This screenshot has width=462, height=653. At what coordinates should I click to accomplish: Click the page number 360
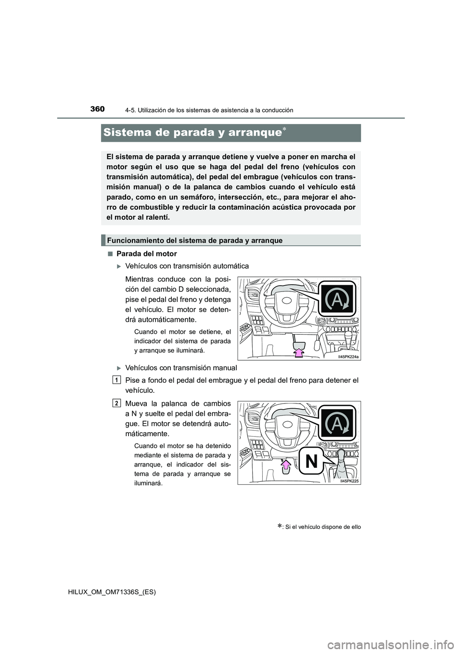point(97,109)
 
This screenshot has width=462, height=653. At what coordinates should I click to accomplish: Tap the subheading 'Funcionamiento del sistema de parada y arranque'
point(195,240)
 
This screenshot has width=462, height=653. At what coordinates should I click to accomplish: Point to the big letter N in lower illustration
point(311,462)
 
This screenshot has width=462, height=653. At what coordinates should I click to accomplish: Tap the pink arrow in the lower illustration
point(285,465)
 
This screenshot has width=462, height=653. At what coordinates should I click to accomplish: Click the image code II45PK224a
point(348,357)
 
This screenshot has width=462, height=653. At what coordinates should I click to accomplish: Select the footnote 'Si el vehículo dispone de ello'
point(322,527)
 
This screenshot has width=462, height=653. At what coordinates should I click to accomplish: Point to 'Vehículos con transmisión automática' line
point(187,266)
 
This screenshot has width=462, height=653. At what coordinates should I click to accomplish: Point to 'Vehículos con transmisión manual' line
point(181,368)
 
